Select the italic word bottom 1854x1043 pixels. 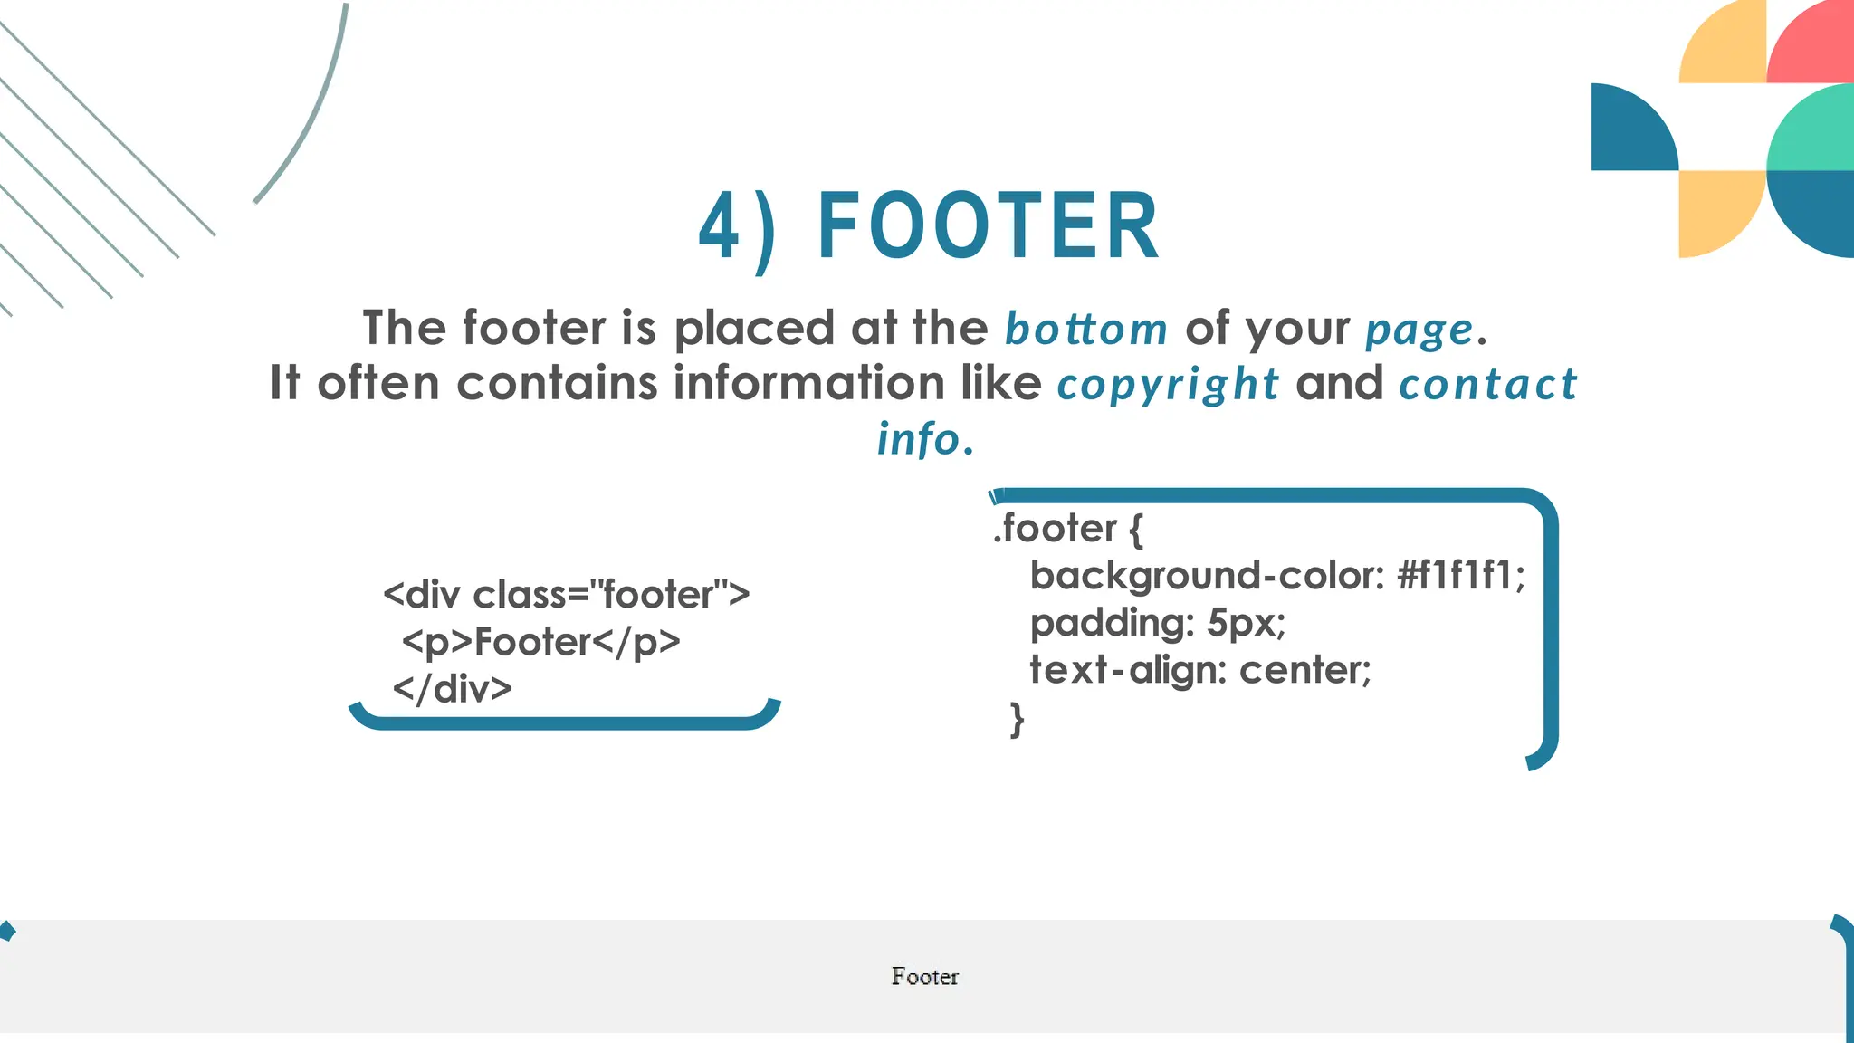click(1086, 329)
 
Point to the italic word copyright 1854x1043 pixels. click(1168, 385)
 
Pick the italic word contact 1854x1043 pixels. click(1488, 384)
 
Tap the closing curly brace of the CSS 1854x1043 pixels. click(1018, 720)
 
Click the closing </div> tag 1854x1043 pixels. click(453, 689)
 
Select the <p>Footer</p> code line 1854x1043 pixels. click(540, 643)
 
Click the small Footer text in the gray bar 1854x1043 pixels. click(924, 977)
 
